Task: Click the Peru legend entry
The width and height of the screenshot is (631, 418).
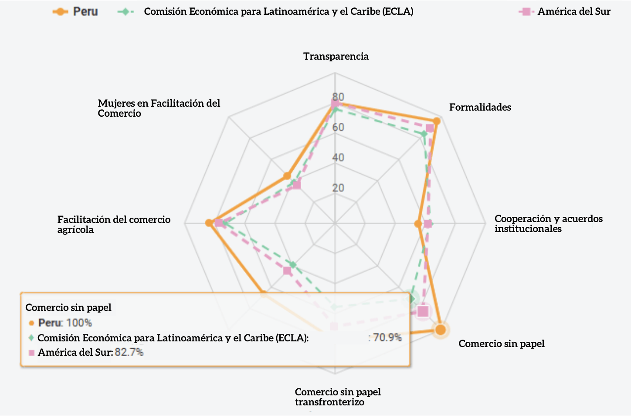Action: pos(75,12)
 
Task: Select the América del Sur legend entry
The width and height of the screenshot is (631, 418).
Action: pos(565,12)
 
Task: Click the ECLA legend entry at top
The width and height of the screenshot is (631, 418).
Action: pos(266,12)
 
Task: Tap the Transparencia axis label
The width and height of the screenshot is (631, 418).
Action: pos(336,56)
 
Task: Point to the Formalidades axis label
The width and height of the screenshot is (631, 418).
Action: pos(480,107)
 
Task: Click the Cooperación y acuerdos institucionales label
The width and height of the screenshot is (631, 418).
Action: pos(548,223)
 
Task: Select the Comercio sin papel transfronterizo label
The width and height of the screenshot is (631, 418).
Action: pos(338,397)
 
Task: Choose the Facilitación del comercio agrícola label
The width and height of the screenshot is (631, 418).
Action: pos(114,224)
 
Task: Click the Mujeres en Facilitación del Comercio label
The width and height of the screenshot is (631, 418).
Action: pos(159,108)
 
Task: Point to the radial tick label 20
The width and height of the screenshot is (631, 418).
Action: pos(338,188)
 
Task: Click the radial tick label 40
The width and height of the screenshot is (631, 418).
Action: pos(338,157)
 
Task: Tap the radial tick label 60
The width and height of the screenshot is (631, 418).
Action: pos(338,127)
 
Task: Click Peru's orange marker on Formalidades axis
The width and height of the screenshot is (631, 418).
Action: pos(436,121)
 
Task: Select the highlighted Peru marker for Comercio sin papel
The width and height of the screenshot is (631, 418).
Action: pos(441,330)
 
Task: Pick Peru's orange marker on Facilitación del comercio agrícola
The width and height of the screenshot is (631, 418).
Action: pos(209,223)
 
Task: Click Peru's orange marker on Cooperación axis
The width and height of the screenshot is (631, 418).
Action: pos(418,224)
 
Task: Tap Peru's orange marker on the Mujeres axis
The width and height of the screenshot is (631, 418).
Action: pos(287,176)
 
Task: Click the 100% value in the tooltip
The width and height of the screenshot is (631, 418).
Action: pos(79,323)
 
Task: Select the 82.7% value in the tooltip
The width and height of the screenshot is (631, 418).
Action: pos(129,352)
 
